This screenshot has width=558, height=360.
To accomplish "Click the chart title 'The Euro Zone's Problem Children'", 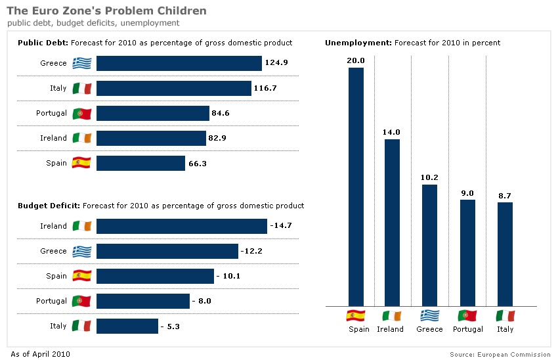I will [106, 11].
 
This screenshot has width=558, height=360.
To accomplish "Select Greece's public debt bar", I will [179, 63].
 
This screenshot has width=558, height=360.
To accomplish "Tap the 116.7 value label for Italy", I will [265, 88].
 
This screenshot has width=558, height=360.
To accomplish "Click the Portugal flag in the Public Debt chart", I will [82, 113].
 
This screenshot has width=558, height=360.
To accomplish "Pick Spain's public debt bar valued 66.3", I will [140, 163].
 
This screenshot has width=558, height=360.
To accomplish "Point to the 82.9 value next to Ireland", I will [220, 138].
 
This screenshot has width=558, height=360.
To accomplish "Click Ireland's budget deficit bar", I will [182, 226].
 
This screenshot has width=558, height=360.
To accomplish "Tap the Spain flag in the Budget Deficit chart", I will [82, 276].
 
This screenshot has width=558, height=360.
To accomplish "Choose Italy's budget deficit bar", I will [127, 326].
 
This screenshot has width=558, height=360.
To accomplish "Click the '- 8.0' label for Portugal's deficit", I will [202, 301].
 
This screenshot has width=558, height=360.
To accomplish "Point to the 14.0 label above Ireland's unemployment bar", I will [391, 132].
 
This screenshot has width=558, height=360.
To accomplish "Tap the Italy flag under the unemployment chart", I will [505, 315].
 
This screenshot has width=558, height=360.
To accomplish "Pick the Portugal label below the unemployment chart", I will [467, 329].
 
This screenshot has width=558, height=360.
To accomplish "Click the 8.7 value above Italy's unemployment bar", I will [505, 196].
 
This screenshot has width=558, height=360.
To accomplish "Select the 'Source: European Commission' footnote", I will [500, 355].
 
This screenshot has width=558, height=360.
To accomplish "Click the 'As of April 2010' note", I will [41, 354].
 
